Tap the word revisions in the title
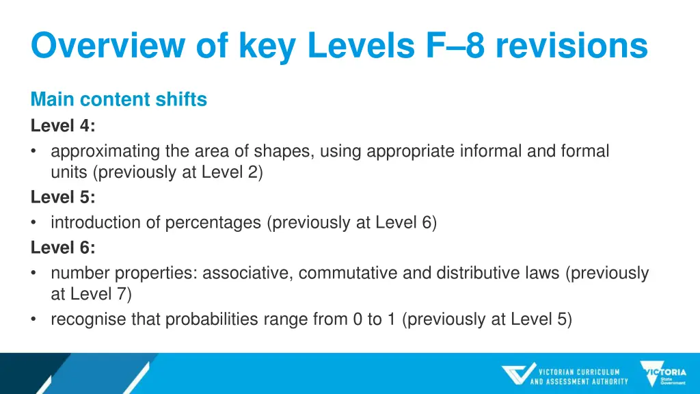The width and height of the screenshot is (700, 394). tap(571, 47)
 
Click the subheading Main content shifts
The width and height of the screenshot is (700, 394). tap(118, 100)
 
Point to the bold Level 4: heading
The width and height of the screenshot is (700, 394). tap(64, 126)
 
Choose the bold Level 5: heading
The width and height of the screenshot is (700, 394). tap(64, 198)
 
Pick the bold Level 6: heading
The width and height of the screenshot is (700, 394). tap(64, 248)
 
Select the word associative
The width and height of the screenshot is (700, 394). tap(247, 273)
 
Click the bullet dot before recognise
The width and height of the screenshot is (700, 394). tap(36, 319)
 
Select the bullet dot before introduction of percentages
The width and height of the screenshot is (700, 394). tap(36, 223)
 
